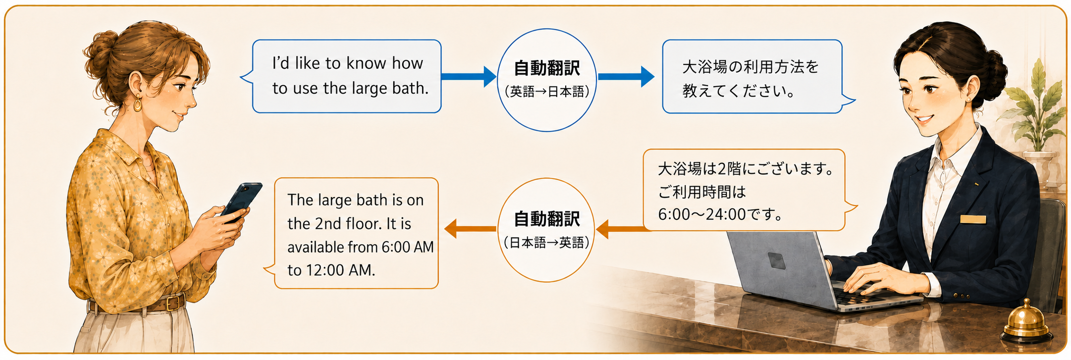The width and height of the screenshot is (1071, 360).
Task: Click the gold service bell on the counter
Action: (x=1027, y=321)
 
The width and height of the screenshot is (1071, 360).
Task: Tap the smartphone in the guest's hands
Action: (x=242, y=201)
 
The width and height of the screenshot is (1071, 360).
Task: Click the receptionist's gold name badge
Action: (x=973, y=219)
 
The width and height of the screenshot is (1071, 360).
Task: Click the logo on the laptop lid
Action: (x=776, y=260)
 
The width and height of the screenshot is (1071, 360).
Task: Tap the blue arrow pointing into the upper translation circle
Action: (x=469, y=76)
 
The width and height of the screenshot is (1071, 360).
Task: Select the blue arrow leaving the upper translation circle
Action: (x=626, y=76)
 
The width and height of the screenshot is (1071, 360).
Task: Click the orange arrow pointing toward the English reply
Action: (x=470, y=229)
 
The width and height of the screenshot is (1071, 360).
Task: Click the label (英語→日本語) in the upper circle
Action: (x=547, y=92)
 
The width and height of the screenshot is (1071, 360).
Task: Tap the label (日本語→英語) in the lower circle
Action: (x=546, y=242)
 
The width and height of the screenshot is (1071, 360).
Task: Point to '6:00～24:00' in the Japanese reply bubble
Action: (x=702, y=214)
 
